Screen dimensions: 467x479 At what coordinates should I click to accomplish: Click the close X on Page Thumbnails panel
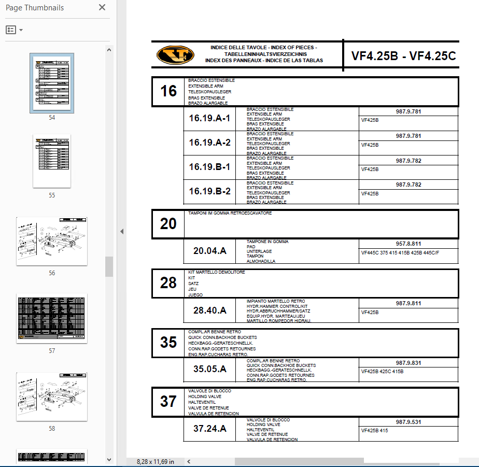coord(102,8)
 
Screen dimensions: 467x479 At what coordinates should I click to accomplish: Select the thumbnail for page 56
coord(52,241)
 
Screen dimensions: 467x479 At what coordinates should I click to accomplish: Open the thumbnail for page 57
coord(52,318)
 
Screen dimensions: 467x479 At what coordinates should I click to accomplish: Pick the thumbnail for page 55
coord(52,161)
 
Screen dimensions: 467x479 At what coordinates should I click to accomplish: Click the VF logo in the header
coord(175,54)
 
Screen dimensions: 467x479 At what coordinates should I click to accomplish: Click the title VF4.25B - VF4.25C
coord(403,56)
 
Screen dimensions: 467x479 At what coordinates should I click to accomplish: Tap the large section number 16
coord(168,92)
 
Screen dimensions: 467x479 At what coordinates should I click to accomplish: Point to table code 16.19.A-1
coord(209,118)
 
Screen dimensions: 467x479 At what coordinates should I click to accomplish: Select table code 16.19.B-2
coord(209,192)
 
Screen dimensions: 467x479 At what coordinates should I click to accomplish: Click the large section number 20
coord(168,224)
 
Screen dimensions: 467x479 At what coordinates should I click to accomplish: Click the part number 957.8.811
coord(408,244)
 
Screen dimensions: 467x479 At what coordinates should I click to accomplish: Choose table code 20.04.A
coord(209,251)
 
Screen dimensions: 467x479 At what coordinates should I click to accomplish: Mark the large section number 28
coord(168,283)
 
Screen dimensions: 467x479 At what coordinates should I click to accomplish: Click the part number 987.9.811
coord(408,303)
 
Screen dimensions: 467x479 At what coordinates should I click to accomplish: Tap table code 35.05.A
coord(209,370)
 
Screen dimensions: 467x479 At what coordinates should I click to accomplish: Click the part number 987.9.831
coord(408,363)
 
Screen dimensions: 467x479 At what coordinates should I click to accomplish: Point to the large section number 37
coord(168,402)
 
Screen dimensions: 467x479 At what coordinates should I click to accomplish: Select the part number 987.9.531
coord(408,422)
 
